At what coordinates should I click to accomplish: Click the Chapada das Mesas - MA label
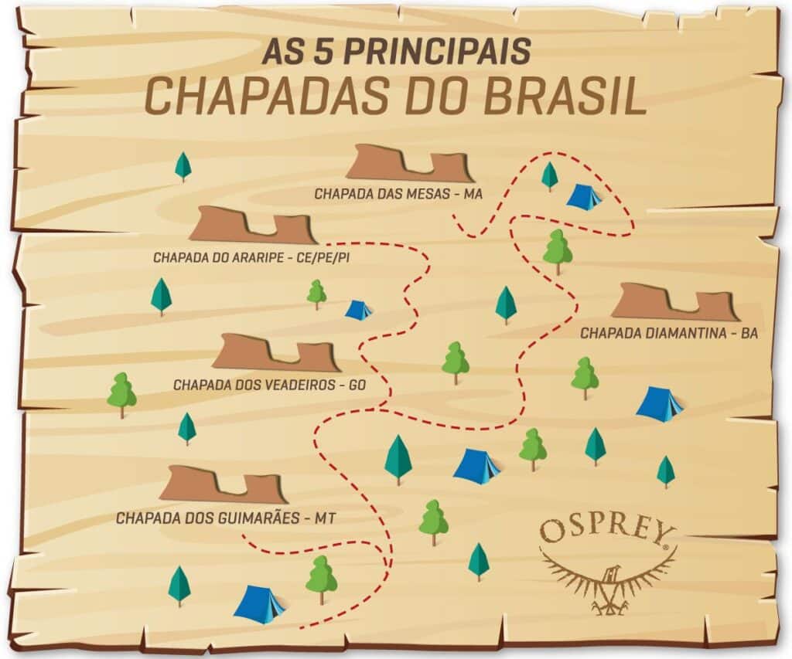pyautogui.click(x=398, y=194)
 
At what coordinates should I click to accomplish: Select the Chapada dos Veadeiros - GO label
pyautogui.click(x=278, y=384)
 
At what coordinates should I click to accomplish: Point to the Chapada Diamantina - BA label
pyautogui.click(x=668, y=334)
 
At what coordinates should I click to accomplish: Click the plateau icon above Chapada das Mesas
pyautogui.click(x=409, y=164)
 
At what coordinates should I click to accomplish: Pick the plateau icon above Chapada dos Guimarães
pyautogui.click(x=223, y=484)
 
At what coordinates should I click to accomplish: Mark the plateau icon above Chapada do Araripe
pyautogui.click(x=252, y=225)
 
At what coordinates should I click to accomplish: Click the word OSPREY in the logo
pyautogui.click(x=607, y=532)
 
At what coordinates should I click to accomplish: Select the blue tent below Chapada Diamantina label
pyautogui.click(x=658, y=403)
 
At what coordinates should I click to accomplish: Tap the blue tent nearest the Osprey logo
pyautogui.click(x=476, y=466)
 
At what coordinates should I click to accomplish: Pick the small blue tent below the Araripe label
pyautogui.click(x=357, y=310)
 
